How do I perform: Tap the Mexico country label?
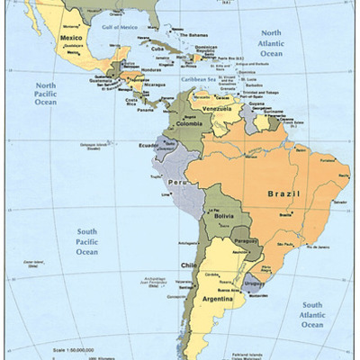click(71, 39)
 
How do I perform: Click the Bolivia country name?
click(224, 217)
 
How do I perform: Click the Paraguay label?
click(244, 241)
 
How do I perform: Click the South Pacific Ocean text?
click(86, 241)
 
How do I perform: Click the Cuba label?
click(157, 48)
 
